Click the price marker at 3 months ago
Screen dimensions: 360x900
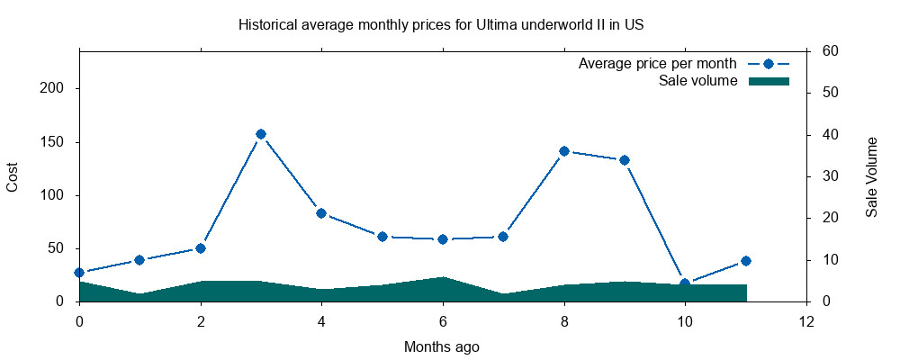[x=261, y=134]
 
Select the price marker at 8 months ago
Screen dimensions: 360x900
[x=564, y=151]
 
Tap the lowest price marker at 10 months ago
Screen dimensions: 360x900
[x=685, y=283]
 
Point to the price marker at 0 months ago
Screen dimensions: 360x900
[x=79, y=273]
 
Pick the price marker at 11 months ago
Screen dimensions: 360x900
[x=745, y=261]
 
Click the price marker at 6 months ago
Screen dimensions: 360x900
[x=443, y=239]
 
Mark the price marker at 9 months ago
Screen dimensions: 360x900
[x=625, y=160]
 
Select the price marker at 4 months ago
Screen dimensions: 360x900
[x=321, y=213]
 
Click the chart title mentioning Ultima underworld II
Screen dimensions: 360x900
[x=441, y=24]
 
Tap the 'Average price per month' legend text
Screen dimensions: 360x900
[x=658, y=64]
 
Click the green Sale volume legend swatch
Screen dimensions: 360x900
[x=769, y=81]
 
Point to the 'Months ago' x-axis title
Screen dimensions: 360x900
[x=441, y=346]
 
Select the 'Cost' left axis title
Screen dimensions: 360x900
[x=13, y=176]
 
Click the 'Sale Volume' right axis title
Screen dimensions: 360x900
[x=872, y=176]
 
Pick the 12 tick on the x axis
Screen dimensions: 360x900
[x=806, y=321]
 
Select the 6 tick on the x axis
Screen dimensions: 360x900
[x=443, y=321]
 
